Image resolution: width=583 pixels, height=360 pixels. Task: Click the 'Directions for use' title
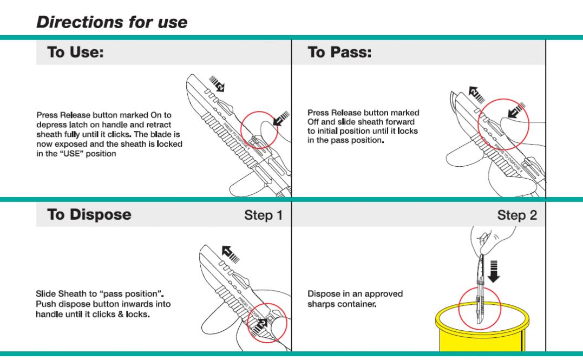click(x=112, y=22)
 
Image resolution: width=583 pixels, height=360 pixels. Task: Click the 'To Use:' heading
click(x=75, y=53)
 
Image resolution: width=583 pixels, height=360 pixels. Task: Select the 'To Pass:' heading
click(x=339, y=53)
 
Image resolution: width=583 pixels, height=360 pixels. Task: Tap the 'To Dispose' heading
click(x=89, y=214)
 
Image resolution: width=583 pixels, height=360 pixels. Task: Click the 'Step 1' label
click(x=263, y=215)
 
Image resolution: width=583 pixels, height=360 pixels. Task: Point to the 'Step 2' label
click(x=517, y=215)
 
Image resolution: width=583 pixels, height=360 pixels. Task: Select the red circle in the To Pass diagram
click(x=503, y=124)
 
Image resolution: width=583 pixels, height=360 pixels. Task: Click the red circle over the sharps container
click(x=480, y=309)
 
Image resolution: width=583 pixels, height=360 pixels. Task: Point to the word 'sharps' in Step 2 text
click(x=321, y=304)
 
